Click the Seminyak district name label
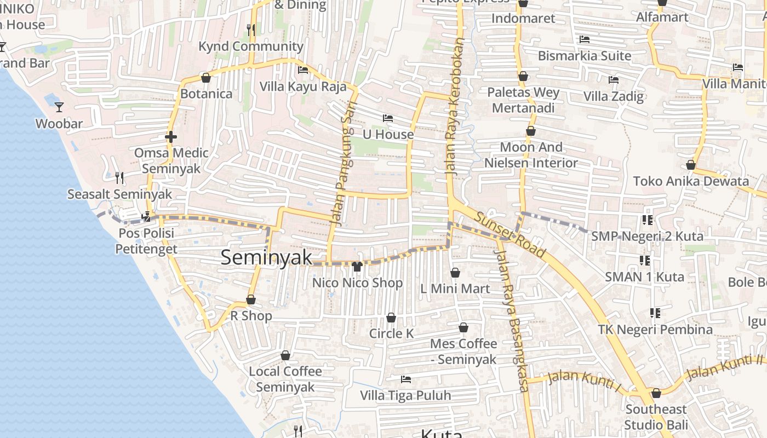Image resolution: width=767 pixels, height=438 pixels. point(266,257)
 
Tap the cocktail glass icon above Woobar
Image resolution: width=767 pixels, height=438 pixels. point(59,107)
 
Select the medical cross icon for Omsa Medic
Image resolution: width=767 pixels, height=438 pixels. point(171,137)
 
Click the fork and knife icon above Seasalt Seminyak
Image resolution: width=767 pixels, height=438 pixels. point(119,177)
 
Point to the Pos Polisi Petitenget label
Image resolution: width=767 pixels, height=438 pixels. point(146,241)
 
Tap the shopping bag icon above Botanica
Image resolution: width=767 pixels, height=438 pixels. point(206,78)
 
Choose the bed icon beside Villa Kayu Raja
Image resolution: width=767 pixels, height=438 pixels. point(302,70)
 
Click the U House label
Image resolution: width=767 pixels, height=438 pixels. point(388,134)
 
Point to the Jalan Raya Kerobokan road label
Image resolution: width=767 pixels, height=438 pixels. point(454,106)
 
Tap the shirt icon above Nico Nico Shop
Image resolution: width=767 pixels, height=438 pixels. point(357,267)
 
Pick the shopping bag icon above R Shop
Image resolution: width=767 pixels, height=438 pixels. point(251,299)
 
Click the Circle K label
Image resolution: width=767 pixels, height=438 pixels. point(391,333)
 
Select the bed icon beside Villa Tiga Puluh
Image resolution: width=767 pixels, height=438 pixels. point(406,379)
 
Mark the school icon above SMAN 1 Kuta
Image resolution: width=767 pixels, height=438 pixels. point(644,260)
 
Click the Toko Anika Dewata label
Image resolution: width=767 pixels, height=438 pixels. point(691,181)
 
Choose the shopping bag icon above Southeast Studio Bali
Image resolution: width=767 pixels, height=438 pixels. point(656,393)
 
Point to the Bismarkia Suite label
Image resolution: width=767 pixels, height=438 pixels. point(584,56)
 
